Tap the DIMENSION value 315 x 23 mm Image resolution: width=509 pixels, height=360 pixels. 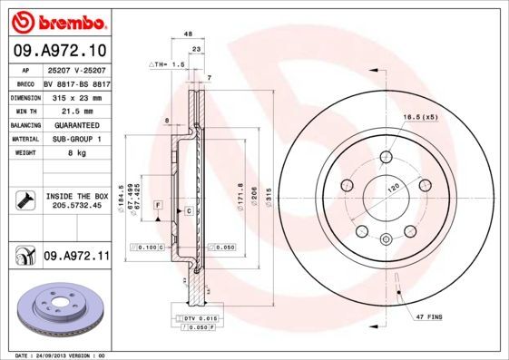pos(75,95)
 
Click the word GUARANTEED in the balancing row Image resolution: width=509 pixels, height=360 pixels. pos(75,124)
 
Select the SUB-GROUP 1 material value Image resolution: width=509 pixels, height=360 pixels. pos(75,139)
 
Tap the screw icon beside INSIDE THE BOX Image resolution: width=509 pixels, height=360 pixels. pos(24,200)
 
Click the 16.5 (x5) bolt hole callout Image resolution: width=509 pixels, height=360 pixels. pos(419,117)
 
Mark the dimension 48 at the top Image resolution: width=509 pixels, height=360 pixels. pos(188,34)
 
